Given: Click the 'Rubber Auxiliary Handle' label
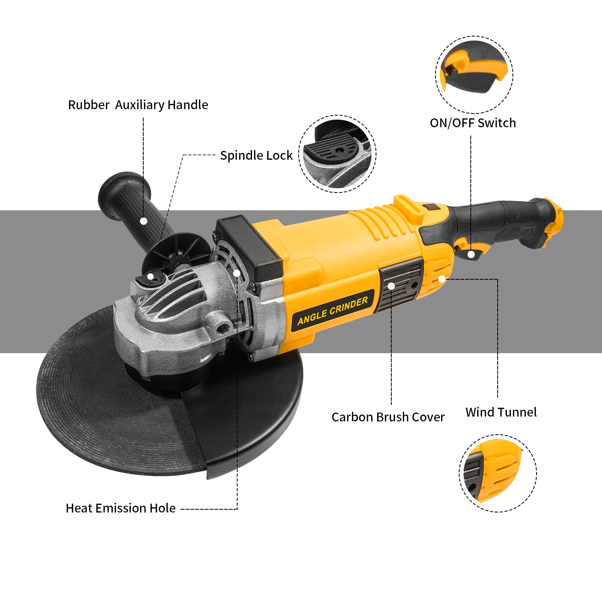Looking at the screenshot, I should (x=138, y=105).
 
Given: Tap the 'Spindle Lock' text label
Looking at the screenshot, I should (x=256, y=156).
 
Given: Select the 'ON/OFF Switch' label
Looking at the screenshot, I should (x=473, y=123).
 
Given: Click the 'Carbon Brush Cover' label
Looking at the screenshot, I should (x=388, y=417).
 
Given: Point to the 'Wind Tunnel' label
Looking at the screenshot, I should (x=501, y=412).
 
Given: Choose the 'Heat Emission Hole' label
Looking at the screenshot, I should (x=120, y=508).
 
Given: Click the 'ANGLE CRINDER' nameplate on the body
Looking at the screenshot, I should (x=333, y=311).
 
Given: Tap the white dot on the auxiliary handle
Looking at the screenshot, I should (x=144, y=221).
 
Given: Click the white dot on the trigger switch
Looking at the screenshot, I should (x=471, y=254).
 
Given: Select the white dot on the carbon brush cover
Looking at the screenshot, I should (x=391, y=286).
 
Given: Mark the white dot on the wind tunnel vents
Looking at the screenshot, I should (x=441, y=279).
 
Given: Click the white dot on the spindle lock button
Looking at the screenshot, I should (x=150, y=276).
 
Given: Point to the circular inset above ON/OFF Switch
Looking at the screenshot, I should (x=474, y=75).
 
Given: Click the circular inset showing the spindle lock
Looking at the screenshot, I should (x=337, y=154).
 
